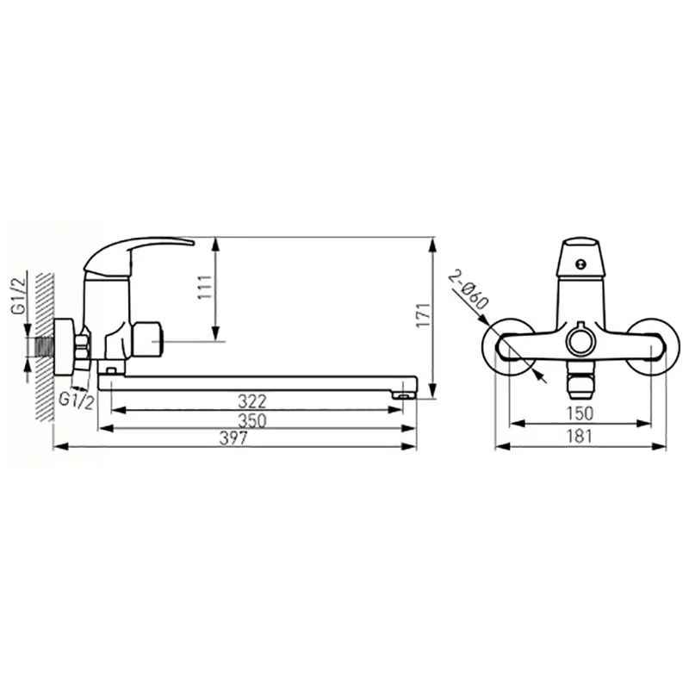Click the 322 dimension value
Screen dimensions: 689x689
coord(251,401)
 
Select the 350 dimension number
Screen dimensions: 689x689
coord(252,421)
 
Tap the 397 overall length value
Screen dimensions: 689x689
coord(233,438)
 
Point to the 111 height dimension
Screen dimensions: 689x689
coord(205,288)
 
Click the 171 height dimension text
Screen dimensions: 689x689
coord(424,314)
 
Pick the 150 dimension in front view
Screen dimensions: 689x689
coord(580,413)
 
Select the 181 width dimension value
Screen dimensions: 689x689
coord(580,437)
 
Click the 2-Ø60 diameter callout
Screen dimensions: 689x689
coord(469,290)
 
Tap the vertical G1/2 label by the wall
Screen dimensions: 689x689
coord(19,293)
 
